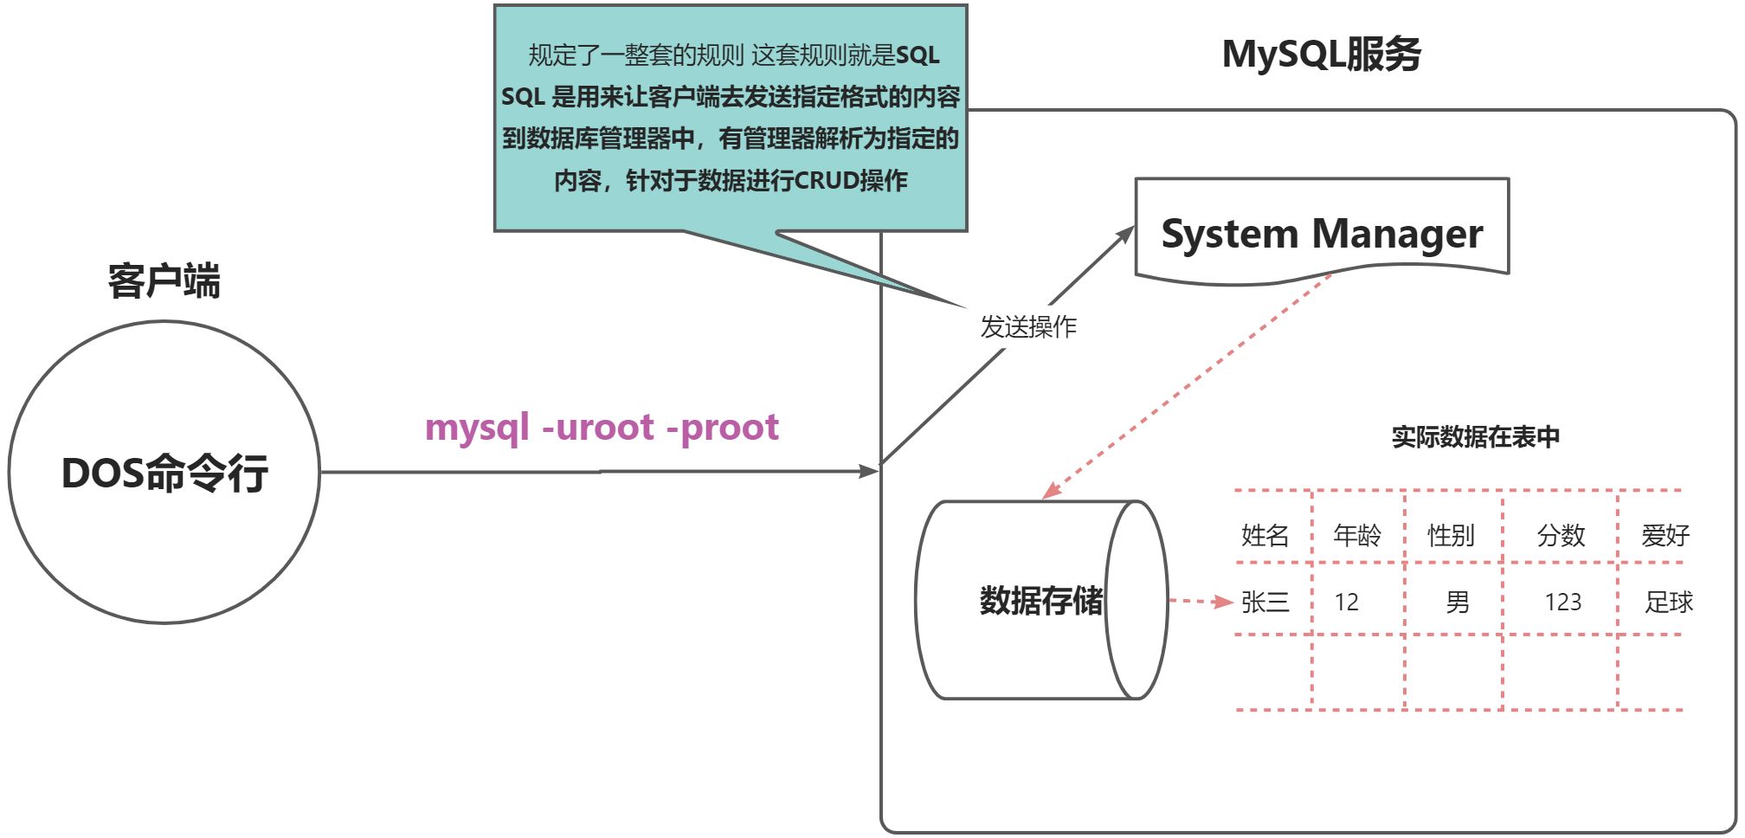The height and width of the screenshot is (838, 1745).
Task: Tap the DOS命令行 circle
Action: coord(164,473)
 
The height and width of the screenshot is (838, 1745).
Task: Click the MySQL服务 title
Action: coord(1321,54)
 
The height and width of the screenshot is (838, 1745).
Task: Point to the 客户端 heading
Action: coord(164,281)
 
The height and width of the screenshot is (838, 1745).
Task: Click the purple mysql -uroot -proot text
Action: coord(602,427)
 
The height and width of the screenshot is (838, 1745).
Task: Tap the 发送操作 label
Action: coord(1027,326)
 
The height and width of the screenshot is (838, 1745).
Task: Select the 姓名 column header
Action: coord(1265,535)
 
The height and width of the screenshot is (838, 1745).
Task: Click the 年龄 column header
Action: coord(1356,535)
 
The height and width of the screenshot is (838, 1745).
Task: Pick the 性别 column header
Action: coord(1451,535)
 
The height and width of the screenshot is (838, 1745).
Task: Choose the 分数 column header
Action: coord(1561,535)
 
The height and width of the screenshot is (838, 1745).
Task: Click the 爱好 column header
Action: coord(1665,535)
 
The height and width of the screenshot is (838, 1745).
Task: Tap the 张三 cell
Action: coord(1265,602)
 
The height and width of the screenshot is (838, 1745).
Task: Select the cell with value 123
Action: coord(1562,602)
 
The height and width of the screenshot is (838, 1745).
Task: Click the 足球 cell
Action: coord(1668,602)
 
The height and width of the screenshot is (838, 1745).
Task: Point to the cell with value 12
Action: coord(1346,602)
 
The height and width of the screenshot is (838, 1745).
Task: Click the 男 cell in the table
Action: coord(1458,602)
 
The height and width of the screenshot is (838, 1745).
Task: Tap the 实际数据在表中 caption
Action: coord(1475,436)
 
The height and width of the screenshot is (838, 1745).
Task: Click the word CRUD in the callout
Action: coord(827,180)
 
